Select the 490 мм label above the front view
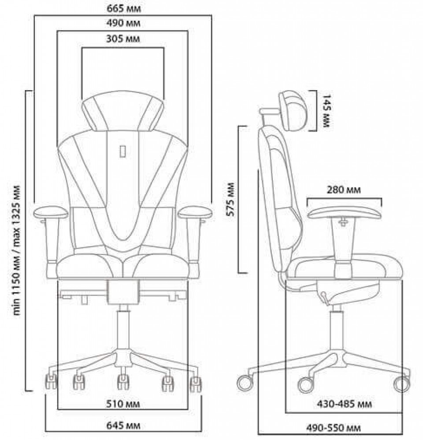click(x=123, y=23)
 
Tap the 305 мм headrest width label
click(x=123, y=39)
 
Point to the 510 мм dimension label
click(x=123, y=404)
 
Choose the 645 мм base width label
click(x=123, y=425)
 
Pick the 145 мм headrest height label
click(x=327, y=111)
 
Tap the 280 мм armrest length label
click(x=343, y=190)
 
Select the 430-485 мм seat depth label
click(x=344, y=404)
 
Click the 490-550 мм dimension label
click(x=334, y=428)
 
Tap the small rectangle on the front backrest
click(x=122, y=151)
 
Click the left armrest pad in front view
click(x=51, y=212)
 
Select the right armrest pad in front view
click(x=195, y=212)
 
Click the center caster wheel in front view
click(x=123, y=381)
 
